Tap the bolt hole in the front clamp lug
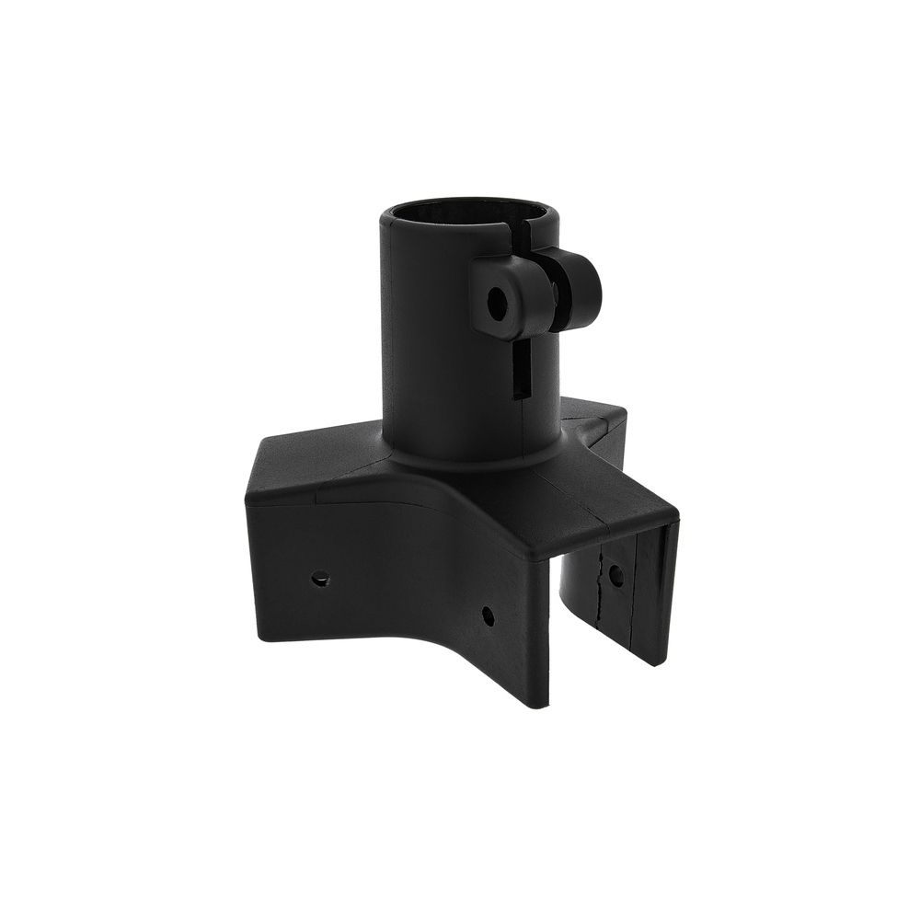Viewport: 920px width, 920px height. click(x=497, y=303)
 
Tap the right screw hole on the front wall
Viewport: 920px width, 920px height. click(x=488, y=614)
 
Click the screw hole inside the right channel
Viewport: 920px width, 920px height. click(x=615, y=576)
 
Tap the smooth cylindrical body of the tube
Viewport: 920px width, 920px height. click(x=432, y=350)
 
